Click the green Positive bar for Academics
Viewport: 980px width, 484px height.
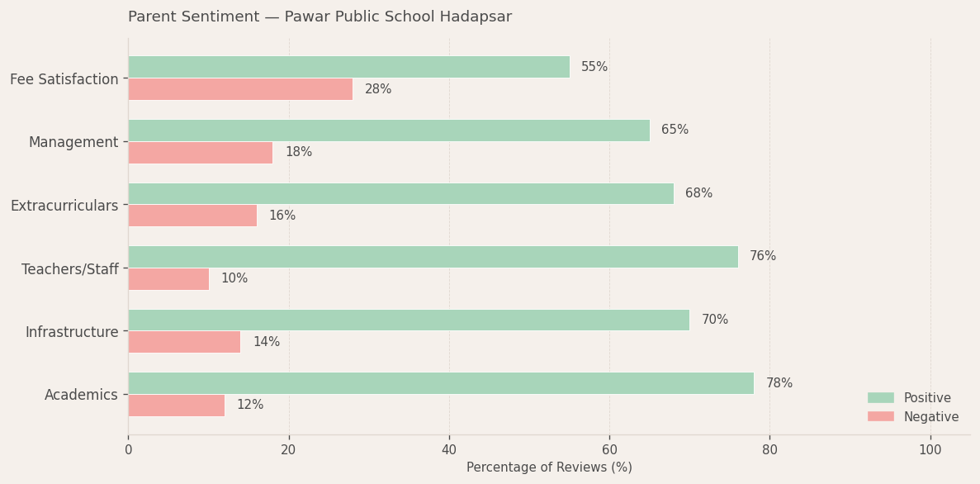click(440, 383)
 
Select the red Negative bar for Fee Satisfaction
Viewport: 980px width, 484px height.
click(240, 89)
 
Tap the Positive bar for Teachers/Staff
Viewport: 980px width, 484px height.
click(433, 257)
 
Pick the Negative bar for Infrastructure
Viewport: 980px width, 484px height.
click(184, 342)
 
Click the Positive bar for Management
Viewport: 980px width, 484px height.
click(388, 130)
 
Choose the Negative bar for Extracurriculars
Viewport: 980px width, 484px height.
click(192, 216)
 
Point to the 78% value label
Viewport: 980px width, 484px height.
click(779, 383)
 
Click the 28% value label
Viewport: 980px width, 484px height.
click(378, 89)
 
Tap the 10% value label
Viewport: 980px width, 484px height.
click(234, 279)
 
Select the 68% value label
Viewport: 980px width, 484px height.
click(698, 193)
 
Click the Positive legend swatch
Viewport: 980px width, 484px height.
click(880, 398)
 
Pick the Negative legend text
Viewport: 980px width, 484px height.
click(930, 417)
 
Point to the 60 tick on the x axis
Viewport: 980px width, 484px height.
click(609, 450)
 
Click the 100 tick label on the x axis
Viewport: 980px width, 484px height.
click(930, 450)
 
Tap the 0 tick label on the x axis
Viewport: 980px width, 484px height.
click(128, 450)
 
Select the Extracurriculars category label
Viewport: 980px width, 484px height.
click(64, 206)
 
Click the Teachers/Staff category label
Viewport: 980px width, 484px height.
click(70, 269)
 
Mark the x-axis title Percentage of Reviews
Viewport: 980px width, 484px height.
click(549, 467)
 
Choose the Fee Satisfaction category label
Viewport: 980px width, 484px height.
click(64, 79)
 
